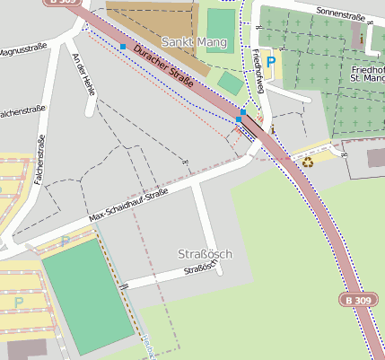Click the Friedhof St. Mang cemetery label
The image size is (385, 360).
coord(367,75)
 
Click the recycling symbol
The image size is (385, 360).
coord(308,162)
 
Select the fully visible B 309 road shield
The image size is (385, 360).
coord(355,298)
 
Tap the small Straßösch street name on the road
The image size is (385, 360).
coord(199,269)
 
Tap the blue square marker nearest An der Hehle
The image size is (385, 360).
coord(122,46)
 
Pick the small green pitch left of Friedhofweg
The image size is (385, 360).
coord(231,83)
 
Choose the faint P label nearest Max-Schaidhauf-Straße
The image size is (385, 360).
coord(65,241)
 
